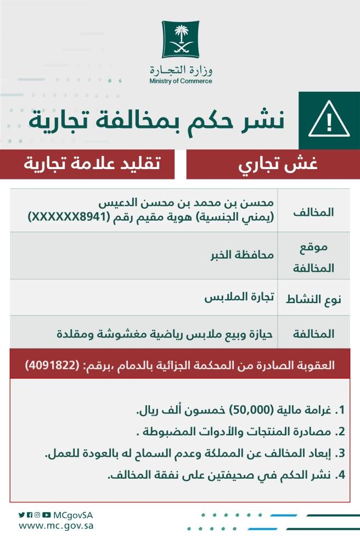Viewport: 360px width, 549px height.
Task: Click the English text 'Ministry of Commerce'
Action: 180,81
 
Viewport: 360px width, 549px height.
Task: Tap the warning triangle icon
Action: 329,120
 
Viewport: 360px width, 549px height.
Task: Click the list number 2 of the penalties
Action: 341,432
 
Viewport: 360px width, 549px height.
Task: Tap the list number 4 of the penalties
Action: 341,475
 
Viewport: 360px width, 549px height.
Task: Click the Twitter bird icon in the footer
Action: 22,515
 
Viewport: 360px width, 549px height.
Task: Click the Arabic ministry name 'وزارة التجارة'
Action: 180,70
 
